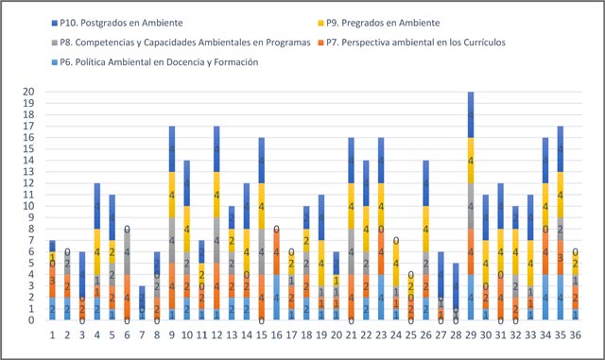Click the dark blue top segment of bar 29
[x=470, y=115]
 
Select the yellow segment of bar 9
[x=171, y=195]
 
